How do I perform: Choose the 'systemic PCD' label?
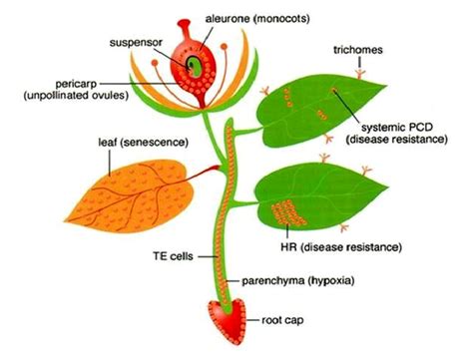click(397, 126)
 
